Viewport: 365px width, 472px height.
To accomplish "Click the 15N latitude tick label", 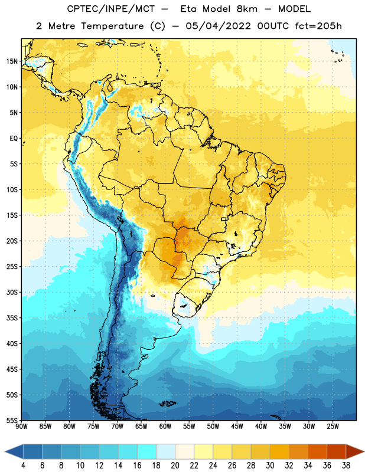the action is coord(12,61).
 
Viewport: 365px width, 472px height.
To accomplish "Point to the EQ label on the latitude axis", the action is coord(14,139).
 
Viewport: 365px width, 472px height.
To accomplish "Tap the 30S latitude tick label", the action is coord(12,292).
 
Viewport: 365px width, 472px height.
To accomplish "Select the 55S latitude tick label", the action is coord(12,421).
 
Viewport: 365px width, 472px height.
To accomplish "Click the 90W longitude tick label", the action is coord(21,427).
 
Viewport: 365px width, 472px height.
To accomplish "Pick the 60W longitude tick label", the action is coord(165,427).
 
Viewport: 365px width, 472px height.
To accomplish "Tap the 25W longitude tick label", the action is coord(333,427).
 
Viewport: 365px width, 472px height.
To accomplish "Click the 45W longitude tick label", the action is coord(237,427).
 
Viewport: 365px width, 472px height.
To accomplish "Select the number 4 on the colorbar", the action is coord(23,466).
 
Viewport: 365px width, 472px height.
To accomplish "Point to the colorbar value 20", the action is coord(175,466).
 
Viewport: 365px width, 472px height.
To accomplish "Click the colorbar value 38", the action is coord(346,466).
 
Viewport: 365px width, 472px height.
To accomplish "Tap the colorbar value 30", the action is coord(270,466).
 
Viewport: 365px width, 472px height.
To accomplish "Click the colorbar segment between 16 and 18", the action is coord(146,451).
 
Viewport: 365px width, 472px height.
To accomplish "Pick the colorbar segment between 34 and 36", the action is coord(317,451).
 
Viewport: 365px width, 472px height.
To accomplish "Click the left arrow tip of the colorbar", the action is coord(5,451).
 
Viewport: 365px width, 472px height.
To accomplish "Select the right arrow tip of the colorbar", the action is coord(364,451).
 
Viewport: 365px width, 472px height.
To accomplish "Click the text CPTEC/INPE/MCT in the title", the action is coord(110,9).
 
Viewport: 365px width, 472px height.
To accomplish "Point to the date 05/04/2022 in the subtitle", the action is coord(218,26).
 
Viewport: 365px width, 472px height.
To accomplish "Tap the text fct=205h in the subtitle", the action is coord(318,26).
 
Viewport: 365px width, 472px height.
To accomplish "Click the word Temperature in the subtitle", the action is coord(112,26).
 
